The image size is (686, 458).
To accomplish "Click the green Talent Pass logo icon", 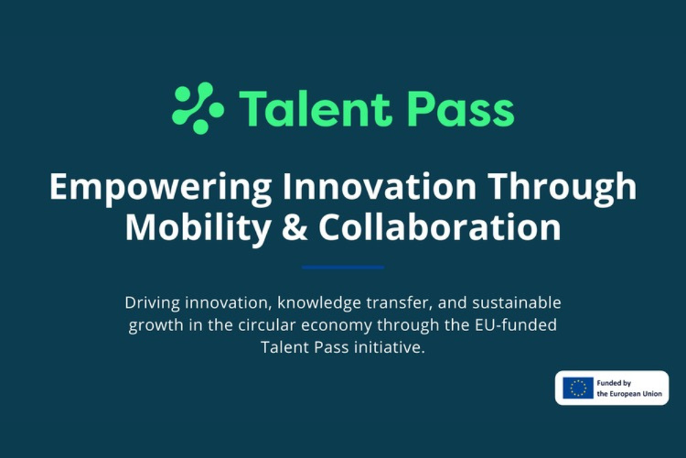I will tap(198, 108).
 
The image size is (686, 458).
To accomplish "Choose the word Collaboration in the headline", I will tap(439, 228).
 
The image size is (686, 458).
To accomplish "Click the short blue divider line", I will tap(343, 267).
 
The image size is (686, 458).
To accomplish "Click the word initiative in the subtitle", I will tap(389, 347).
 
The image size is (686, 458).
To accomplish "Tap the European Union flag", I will tap(578, 388).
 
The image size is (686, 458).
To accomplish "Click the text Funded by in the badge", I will tap(613, 383).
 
